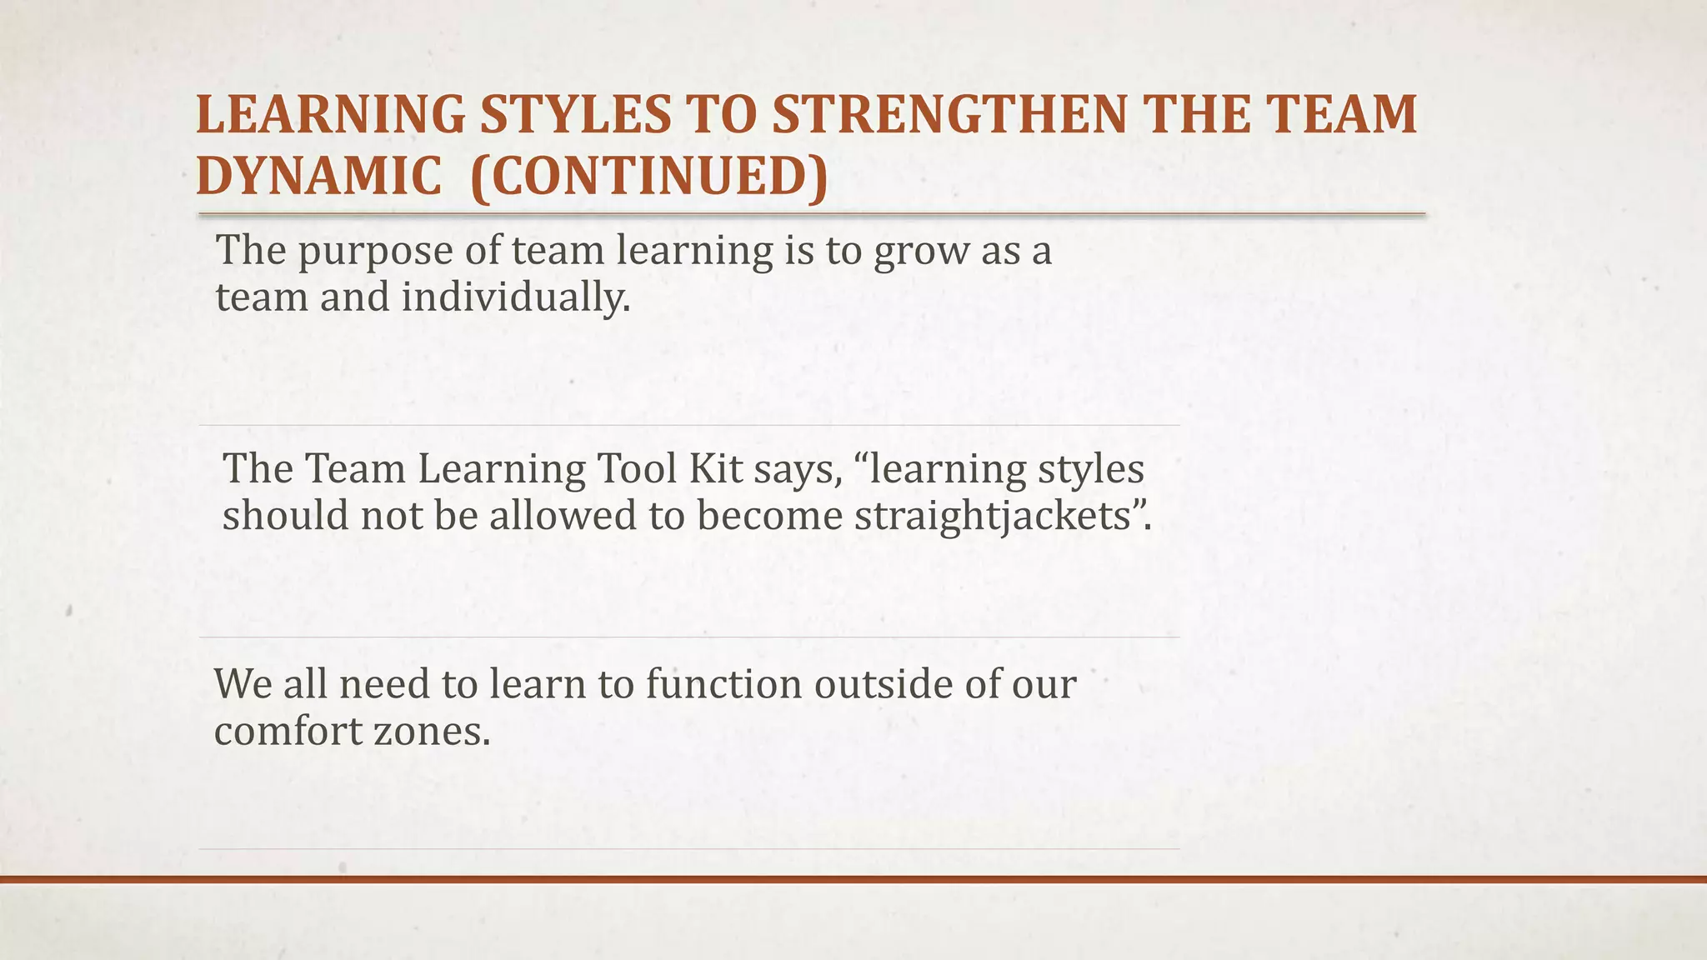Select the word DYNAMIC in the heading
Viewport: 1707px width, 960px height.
(319, 177)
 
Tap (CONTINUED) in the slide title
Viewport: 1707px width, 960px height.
(649, 177)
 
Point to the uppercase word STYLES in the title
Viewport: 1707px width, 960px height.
(574, 115)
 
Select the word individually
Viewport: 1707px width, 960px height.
(515, 297)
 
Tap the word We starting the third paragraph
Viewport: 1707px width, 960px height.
(242, 684)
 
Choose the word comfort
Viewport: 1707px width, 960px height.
(287, 732)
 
